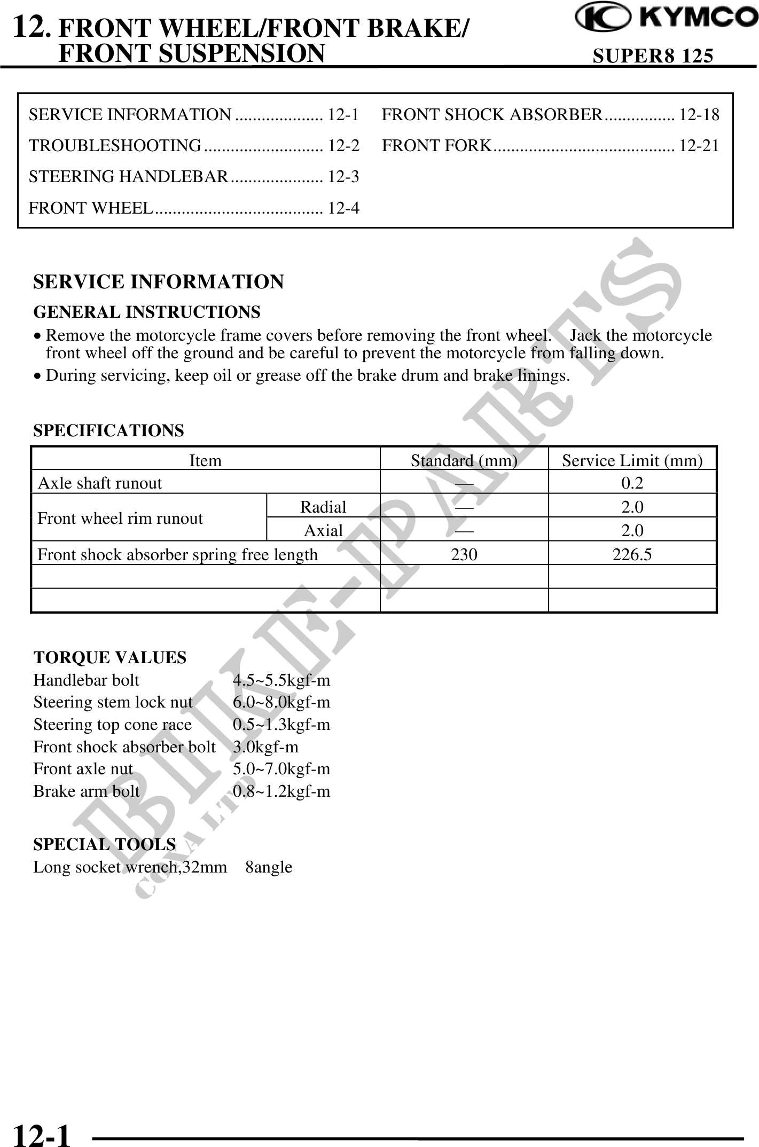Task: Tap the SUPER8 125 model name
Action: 653,56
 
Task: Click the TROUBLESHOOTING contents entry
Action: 115,146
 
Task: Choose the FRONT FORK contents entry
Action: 436,146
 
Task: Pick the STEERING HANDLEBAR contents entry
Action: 129,177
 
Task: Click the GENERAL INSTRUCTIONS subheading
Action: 147,312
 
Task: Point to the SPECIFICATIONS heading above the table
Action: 108,430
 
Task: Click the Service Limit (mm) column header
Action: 632,460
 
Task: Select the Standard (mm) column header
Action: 464,460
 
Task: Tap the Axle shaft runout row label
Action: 100,483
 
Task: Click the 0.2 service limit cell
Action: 632,483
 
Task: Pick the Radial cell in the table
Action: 323,507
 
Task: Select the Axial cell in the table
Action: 323,530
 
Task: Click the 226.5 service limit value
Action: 632,555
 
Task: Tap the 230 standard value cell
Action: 464,555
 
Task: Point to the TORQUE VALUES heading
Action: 110,657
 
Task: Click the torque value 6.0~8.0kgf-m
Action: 281,702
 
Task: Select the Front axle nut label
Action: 83,769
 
